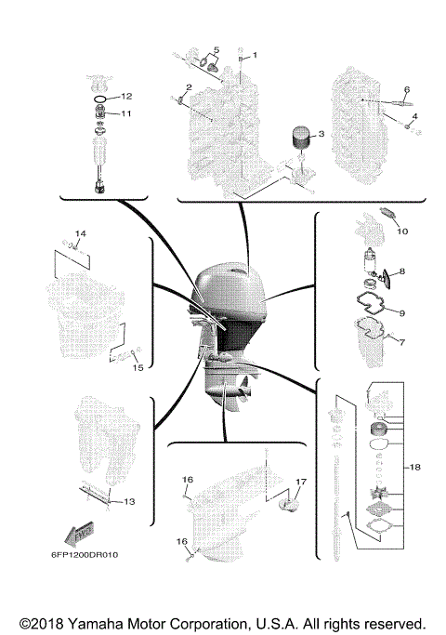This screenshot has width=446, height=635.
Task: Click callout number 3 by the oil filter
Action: (x=321, y=135)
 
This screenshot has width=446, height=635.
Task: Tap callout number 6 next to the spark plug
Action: (x=406, y=90)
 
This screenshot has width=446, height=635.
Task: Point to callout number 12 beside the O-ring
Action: (x=127, y=97)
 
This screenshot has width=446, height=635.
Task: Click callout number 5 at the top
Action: (x=216, y=49)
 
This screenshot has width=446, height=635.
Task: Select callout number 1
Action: (x=256, y=55)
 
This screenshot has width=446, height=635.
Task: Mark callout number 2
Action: (x=189, y=87)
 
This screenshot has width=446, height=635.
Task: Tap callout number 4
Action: (x=415, y=116)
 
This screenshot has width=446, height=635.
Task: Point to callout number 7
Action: (x=402, y=342)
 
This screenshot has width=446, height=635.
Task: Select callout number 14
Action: (x=80, y=232)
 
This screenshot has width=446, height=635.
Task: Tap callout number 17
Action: (x=300, y=481)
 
